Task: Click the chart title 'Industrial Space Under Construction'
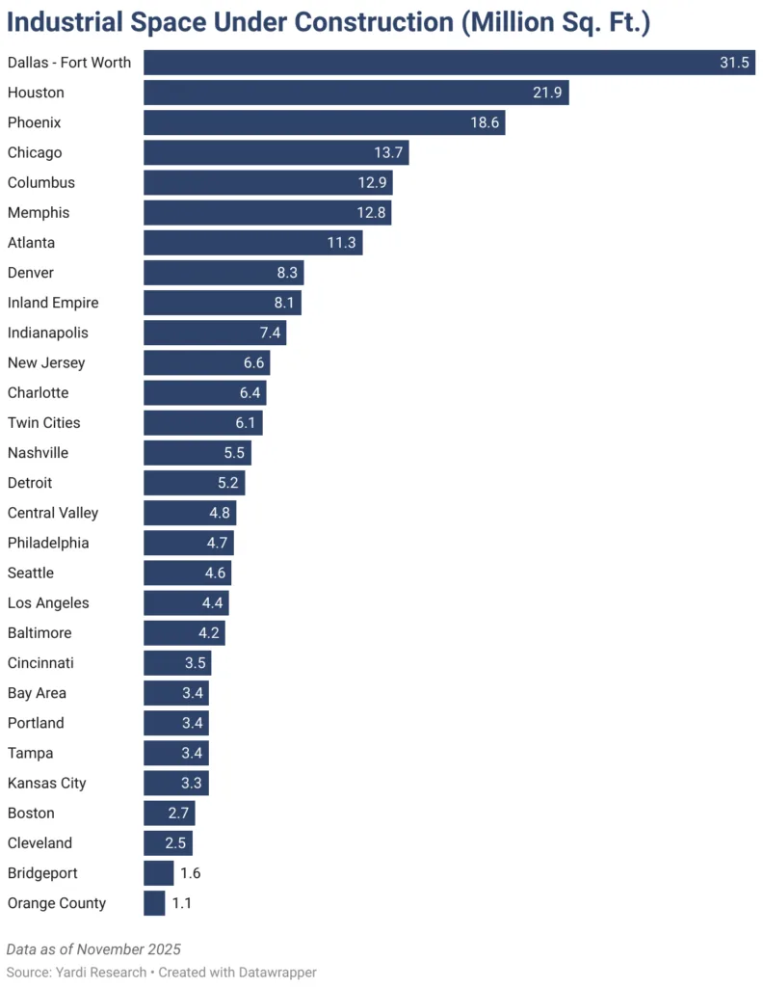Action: tap(329, 22)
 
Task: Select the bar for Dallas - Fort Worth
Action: tap(449, 63)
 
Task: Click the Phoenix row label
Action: tap(34, 122)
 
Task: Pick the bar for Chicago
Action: tap(276, 152)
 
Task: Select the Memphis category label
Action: tap(39, 212)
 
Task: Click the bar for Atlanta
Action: tap(252, 243)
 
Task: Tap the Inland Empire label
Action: tap(53, 303)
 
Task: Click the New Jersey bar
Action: tap(206, 362)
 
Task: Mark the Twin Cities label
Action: tap(43, 422)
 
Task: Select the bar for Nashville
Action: tap(197, 453)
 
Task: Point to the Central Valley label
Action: tap(53, 513)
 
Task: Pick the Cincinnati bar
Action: tap(176, 663)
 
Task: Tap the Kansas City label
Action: tap(46, 783)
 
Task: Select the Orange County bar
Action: tap(154, 903)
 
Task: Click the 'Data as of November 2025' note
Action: tap(93, 949)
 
